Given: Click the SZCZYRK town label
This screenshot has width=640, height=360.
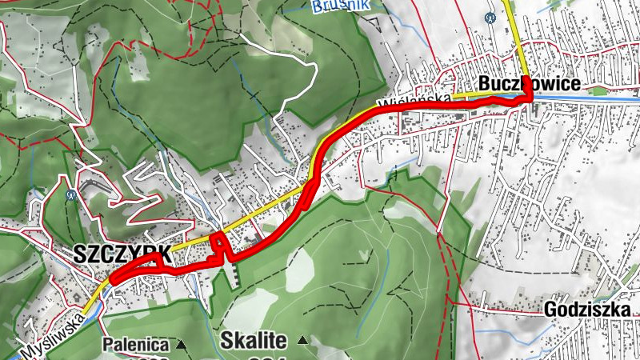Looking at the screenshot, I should tap(121, 254).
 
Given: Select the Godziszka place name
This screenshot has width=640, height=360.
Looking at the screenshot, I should tap(591, 310).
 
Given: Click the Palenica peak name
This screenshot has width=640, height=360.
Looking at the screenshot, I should tap(135, 346).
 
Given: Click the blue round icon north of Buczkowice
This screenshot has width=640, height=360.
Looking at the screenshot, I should tap(490, 17).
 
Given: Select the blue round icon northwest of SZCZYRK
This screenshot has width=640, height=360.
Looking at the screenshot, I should tap(71, 193).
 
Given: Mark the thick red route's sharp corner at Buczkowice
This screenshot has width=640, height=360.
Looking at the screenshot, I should tap(529, 98).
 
